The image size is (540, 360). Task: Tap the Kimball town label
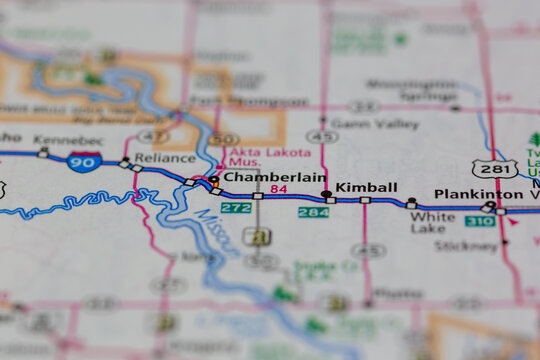coord(366,187)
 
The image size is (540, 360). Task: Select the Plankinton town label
coord(478,194)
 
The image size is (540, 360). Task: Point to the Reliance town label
coord(164,158)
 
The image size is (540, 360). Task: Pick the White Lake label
coord(432,222)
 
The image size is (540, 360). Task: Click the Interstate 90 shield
coord(83,161)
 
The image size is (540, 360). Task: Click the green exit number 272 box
coord(236,208)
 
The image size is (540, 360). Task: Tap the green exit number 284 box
coord(313,212)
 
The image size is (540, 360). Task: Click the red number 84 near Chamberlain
coord(278,189)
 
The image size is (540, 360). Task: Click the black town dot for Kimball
coord(326,193)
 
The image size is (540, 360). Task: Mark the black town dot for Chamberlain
coord(214,179)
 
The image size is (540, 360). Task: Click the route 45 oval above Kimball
coord(321,136)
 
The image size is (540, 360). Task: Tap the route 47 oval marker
coord(153,135)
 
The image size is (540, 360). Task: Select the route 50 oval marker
coord(224,139)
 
